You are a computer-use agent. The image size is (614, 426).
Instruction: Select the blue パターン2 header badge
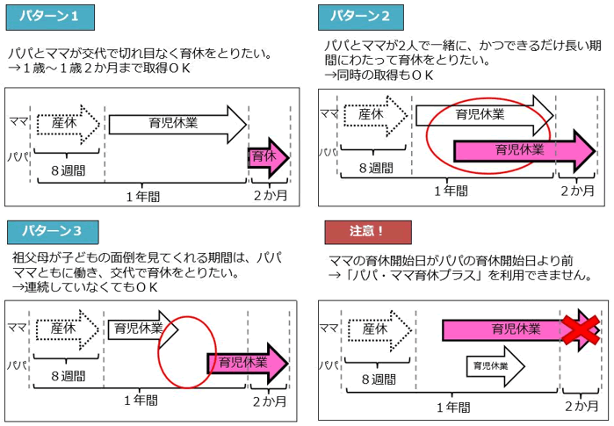(365, 16)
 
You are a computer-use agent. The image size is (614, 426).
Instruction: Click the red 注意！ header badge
(368, 231)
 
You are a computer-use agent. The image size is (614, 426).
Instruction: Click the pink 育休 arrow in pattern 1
(267, 158)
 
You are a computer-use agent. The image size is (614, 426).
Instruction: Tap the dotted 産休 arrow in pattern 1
(69, 124)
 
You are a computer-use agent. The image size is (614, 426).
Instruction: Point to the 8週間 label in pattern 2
(374, 168)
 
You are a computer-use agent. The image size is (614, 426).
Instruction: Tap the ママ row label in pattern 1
(17, 120)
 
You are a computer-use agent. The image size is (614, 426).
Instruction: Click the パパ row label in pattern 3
(17, 363)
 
